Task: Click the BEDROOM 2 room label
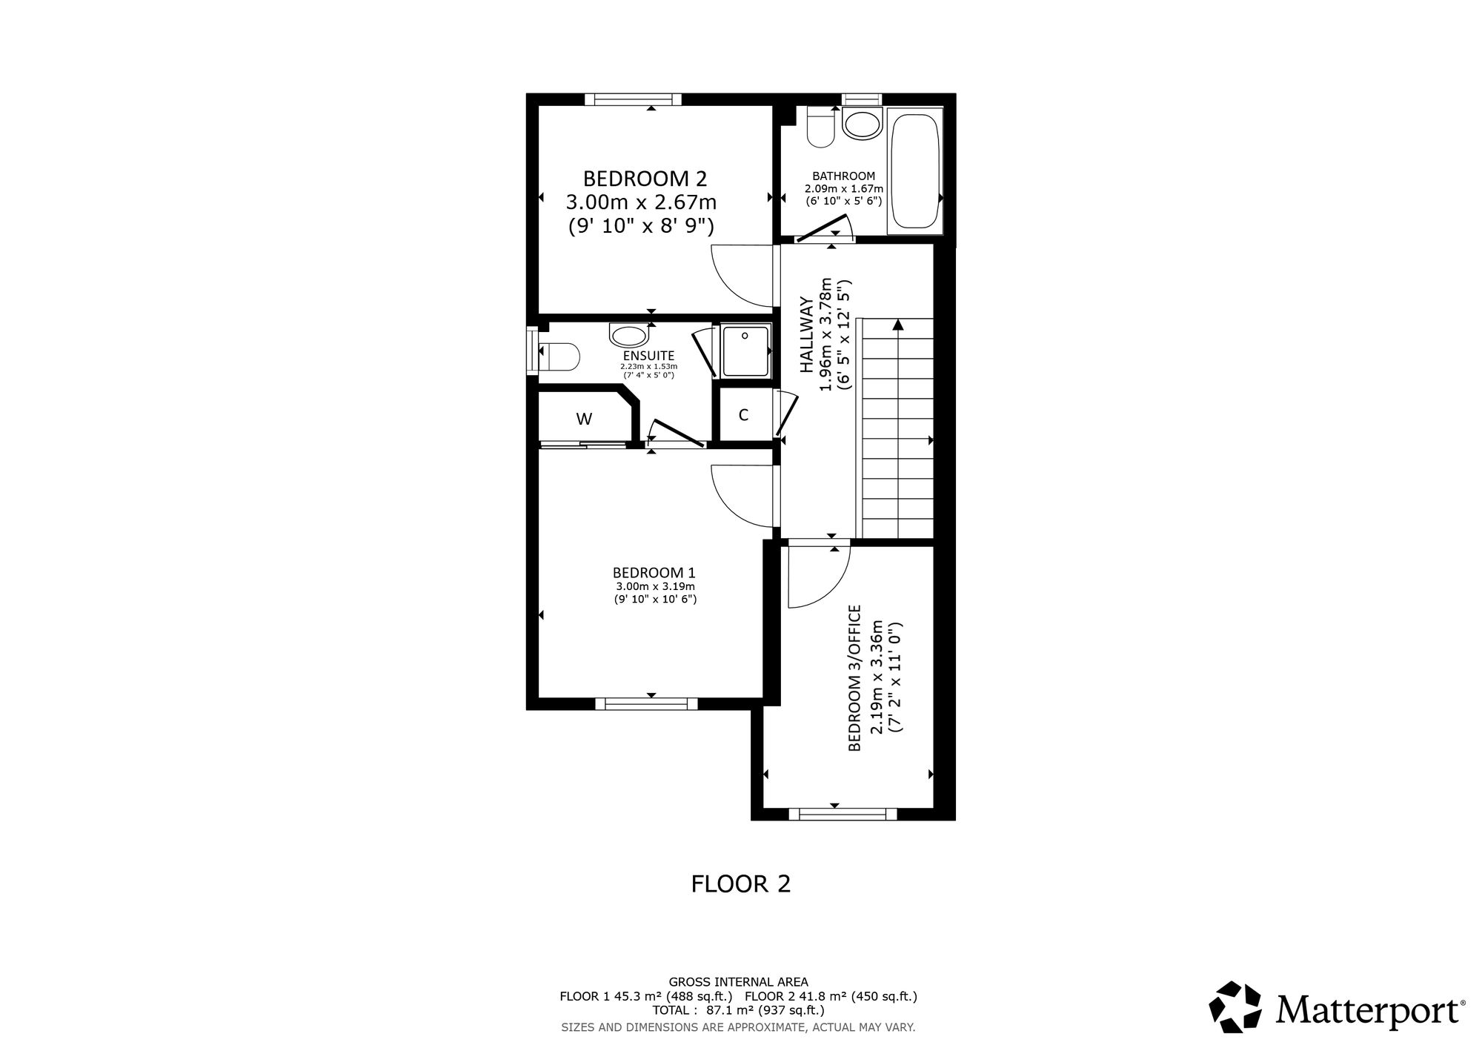645,179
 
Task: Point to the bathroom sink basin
862,124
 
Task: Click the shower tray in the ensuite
746,351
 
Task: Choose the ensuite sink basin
629,335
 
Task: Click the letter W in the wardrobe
584,419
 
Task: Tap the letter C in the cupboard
743,415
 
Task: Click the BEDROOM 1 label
654,572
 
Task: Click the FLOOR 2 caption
741,883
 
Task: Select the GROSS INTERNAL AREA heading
739,982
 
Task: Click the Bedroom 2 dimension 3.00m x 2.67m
642,202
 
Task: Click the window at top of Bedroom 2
633,99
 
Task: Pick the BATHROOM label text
844,176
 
